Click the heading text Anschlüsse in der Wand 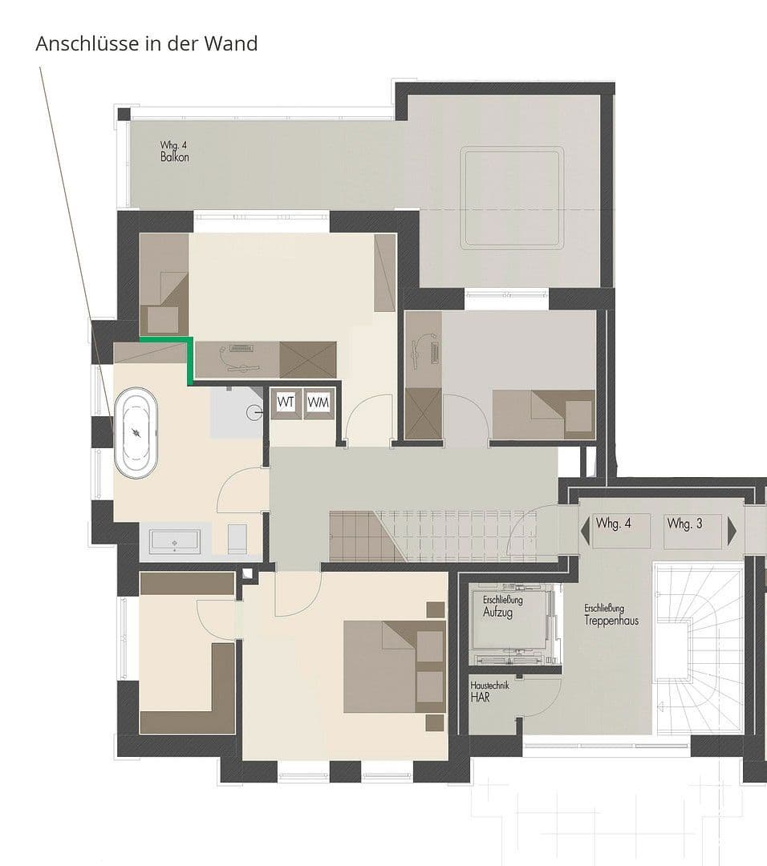pos(147,43)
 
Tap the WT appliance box pos(286,402)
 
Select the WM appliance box pos(318,402)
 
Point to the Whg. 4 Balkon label pos(174,152)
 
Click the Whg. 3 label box pos(685,524)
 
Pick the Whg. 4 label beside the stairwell pos(614,524)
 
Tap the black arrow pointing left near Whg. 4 pos(585,529)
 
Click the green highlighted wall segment pos(189,357)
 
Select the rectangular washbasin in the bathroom pos(176,542)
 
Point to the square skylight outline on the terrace pos(512,197)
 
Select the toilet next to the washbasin pos(238,538)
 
